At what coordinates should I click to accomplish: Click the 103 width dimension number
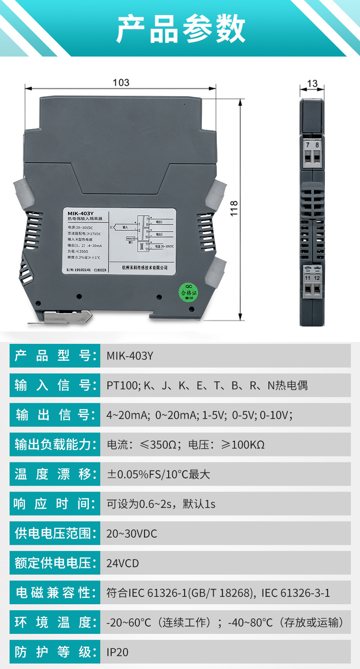tap(121, 83)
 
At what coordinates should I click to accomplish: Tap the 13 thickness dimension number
tap(312, 83)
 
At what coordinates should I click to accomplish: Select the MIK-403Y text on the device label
tap(81, 213)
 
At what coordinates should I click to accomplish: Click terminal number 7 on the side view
tap(308, 145)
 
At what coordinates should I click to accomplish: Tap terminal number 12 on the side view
tap(317, 278)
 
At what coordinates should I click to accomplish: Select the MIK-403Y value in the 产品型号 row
tap(130, 356)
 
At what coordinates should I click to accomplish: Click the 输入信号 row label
tap(55, 385)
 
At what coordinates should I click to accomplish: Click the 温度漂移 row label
tap(55, 474)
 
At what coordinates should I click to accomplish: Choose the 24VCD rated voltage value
tap(123, 563)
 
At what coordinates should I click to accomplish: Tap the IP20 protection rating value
tap(118, 652)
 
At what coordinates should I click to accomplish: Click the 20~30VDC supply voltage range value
tap(132, 534)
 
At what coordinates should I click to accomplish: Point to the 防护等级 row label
tap(55, 652)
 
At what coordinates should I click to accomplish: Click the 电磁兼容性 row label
tap(55, 593)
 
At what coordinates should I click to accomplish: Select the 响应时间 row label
tap(55, 504)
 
